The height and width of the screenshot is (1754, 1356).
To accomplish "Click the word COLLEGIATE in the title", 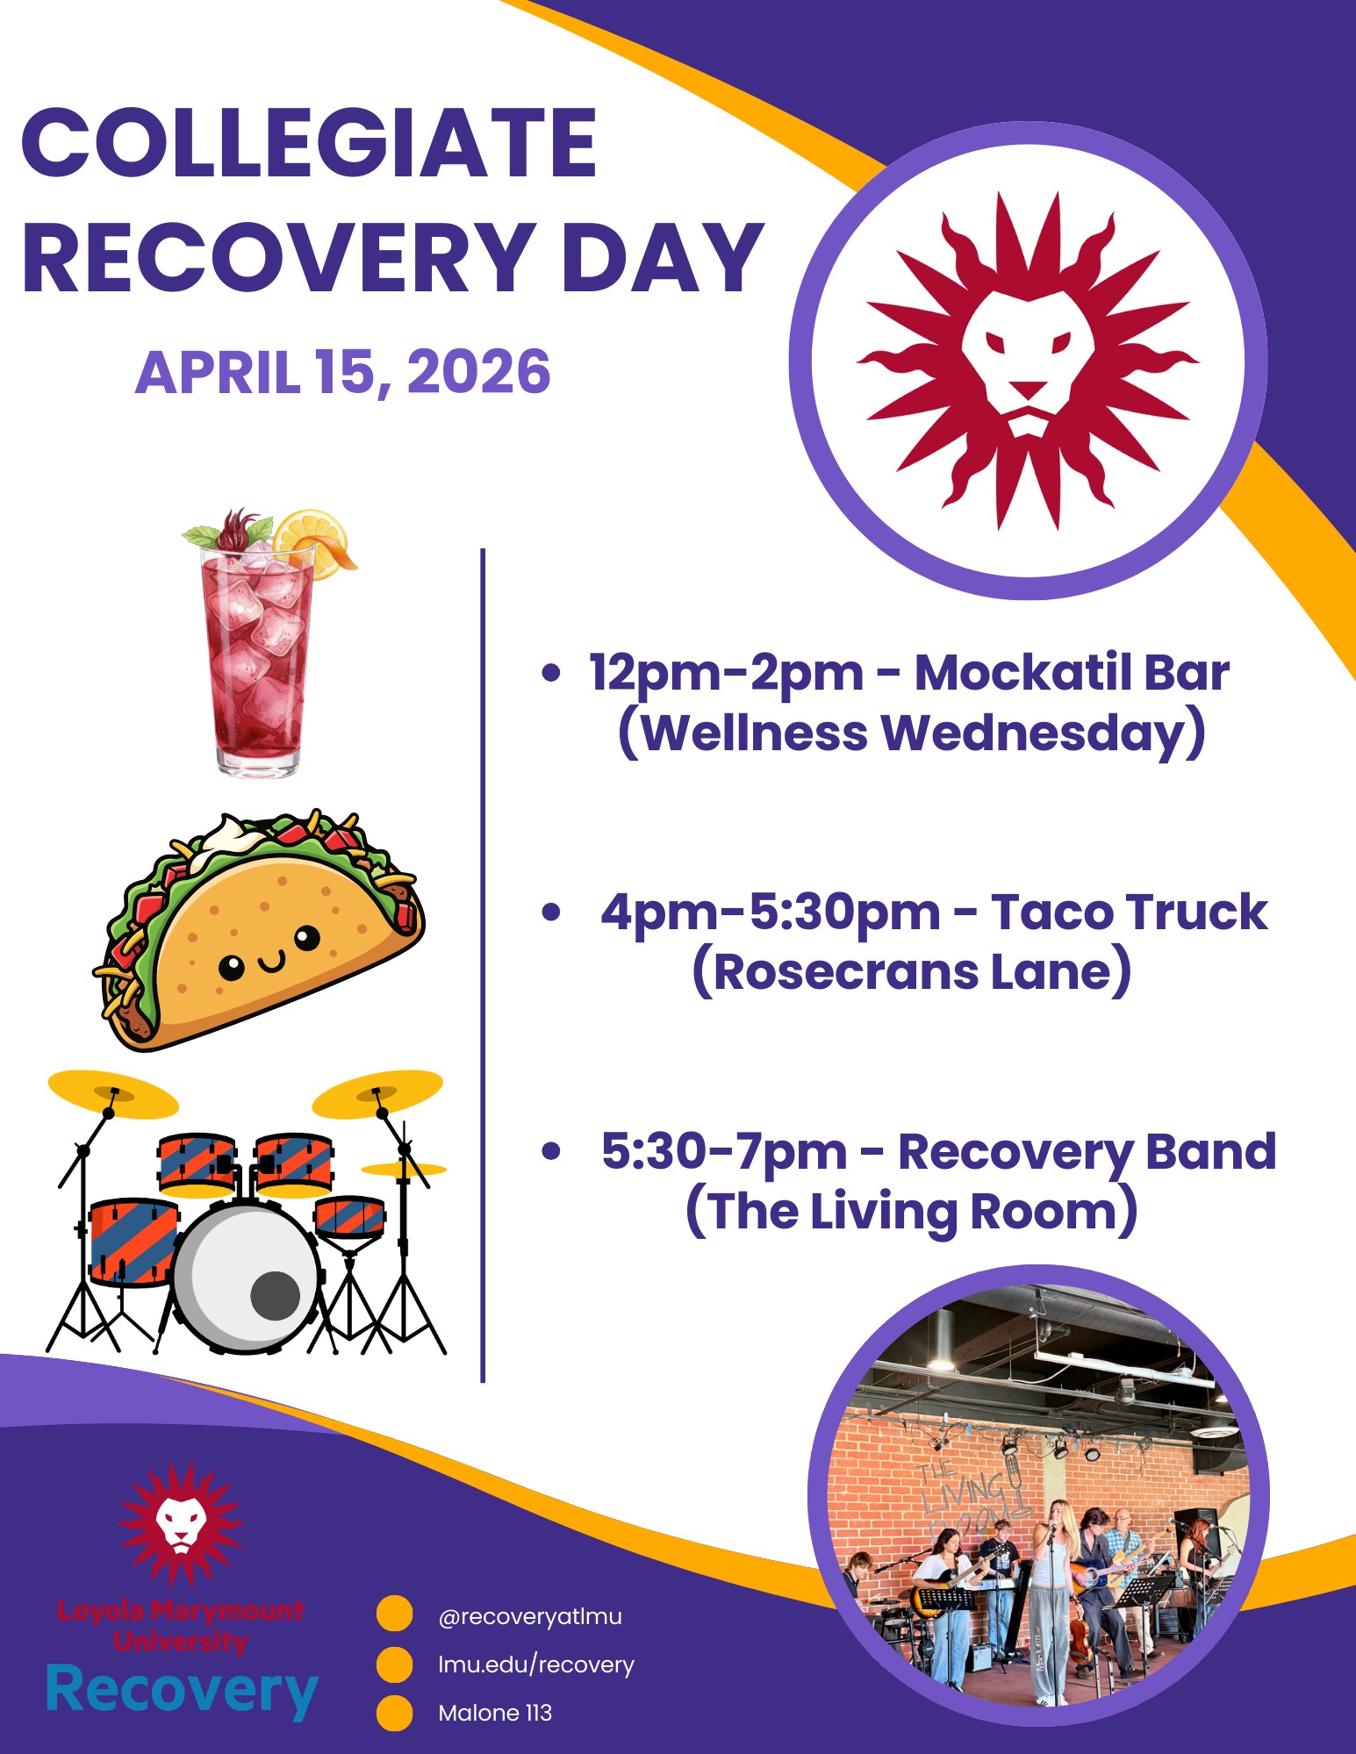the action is tap(309, 142).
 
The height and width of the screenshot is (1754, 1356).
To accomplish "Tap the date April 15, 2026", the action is tap(343, 372).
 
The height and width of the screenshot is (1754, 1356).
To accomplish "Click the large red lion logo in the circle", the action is tap(1028, 361).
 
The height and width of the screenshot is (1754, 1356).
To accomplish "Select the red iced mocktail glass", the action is tap(258, 654).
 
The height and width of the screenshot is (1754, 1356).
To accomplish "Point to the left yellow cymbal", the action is tap(113, 1094).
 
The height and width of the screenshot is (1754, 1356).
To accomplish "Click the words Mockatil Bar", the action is tap(1072, 673).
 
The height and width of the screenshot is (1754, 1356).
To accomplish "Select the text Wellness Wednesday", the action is tap(912, 734).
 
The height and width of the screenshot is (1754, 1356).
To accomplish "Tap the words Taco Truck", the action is tap(1130, 913).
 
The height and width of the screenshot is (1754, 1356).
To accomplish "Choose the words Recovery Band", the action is tap(1087, 1152).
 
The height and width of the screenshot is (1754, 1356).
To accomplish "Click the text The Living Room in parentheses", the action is tap(912, 1212).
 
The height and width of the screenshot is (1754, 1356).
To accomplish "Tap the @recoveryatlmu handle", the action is tap(530, 1617).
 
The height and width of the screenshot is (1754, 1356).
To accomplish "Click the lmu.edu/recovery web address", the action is tap(536, 1665).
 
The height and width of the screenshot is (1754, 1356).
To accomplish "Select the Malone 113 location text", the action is tap(495, 1713).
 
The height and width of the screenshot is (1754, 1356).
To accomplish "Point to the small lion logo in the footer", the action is tap(182, 1523).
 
